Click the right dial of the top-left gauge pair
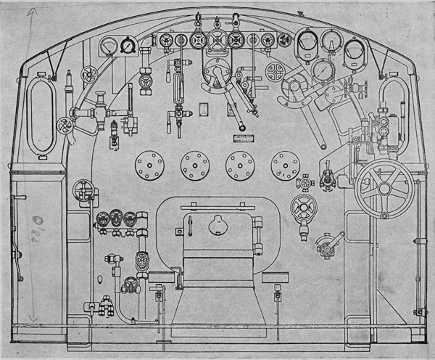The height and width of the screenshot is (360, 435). (x=128, y=45)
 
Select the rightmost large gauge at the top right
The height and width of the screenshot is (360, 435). (x=355, y=49)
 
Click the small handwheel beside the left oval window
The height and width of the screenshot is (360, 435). (x=90, y=73)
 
